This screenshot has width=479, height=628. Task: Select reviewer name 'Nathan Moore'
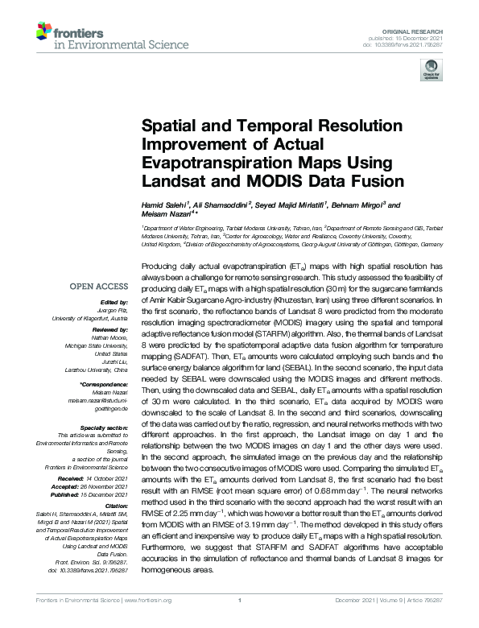(x=110, y=337)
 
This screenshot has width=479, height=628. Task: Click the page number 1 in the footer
(x=240, y=622)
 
